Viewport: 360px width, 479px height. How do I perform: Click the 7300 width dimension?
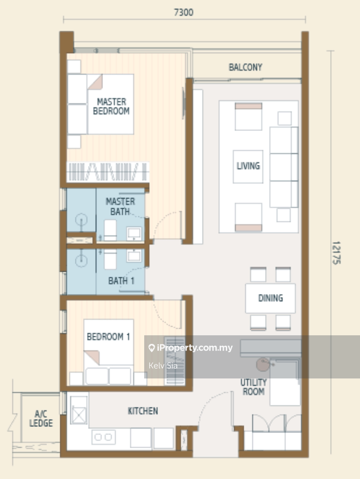coord(184,12)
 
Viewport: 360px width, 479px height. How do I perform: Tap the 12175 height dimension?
coord(336,253)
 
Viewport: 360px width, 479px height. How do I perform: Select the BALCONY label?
coord(245,67)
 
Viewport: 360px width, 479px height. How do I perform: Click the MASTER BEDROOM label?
coord(111,106)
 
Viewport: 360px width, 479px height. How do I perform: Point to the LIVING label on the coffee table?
coord(248,166)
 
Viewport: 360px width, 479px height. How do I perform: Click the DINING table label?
coord(270,298)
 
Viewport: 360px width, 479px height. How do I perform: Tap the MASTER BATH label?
coord(120,206)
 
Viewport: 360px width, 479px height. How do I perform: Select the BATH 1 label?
coord(121,281)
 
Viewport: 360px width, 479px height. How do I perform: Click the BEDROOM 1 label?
coord(109,337)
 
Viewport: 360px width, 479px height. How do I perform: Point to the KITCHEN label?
coord(143,411)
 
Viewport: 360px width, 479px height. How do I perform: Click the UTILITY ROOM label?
coord(253,387)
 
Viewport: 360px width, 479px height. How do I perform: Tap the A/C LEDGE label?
coord(41,418)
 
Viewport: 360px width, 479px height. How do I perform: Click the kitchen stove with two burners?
coord(103,437)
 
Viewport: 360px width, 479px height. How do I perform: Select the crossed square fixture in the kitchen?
coord(79,410)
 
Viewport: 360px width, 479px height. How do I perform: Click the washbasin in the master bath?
coord(134,234)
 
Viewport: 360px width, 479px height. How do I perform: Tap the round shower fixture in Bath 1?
coord(81,260)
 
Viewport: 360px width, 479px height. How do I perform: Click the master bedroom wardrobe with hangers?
coord(108,171)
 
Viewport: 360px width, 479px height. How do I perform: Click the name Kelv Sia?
coord(163,366)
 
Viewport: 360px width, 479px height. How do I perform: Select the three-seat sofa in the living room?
coord(284,167)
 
